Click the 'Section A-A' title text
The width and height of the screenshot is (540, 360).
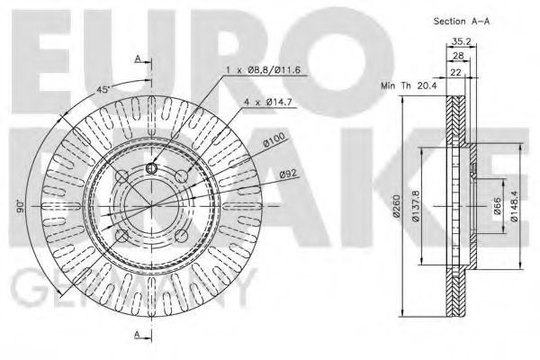coord(462,21)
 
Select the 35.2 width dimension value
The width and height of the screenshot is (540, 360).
coord(462,41)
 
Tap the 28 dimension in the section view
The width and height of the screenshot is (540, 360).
coord(458,55)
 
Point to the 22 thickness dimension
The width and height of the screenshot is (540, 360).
coord(456,72)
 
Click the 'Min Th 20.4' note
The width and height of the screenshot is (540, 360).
coord(409,85)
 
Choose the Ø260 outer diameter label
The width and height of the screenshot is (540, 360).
coord(397,206)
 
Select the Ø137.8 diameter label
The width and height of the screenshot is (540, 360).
coord(415,206)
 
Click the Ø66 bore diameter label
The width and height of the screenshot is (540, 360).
coord(497,206)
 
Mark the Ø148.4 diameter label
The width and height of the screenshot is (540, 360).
coord(514,206)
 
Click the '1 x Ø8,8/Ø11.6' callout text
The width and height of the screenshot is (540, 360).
coord(263,70)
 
